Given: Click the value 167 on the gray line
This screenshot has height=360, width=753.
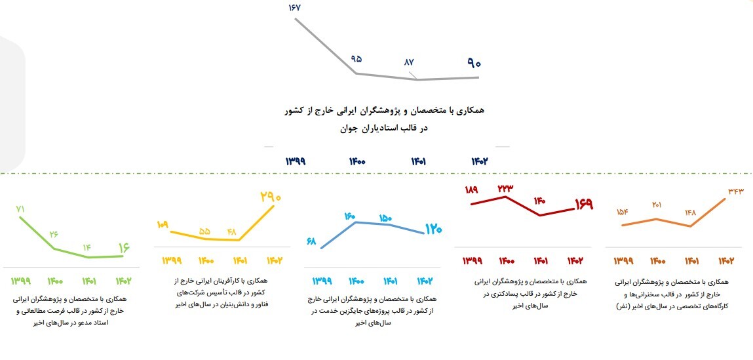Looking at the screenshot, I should pos(293,8).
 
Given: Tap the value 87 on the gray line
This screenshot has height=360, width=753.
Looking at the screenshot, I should pos(409,62).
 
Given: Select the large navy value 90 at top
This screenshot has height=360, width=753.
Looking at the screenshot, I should pos(474,64).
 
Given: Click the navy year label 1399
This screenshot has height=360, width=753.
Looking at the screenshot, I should pos(296,161).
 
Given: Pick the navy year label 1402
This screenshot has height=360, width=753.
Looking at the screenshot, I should pos(480,161).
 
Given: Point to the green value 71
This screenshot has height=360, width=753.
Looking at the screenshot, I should pos(20,209).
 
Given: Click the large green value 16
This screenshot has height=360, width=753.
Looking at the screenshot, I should pos(123,248).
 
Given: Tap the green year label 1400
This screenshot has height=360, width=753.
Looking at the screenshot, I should pos(55,281).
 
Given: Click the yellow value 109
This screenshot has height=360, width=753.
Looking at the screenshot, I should pos(163,225).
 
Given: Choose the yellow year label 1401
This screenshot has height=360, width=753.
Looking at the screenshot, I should pos(238,260).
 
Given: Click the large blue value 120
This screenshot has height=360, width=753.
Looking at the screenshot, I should pos(433,230).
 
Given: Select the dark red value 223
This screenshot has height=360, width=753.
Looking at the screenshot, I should pos(505,188).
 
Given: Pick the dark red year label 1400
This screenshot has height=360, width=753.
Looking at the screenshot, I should pos(507,260).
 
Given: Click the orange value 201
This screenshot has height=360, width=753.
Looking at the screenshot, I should pos(657,205).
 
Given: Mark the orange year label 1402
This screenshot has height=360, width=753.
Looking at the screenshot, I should pos(725,260).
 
